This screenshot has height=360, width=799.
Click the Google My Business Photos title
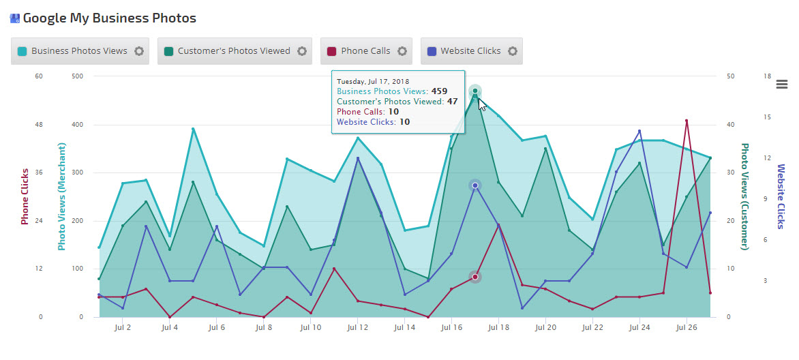click(109, 18)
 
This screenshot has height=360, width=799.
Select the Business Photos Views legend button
click(79, 51)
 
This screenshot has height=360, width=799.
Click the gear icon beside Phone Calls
click(402, 51)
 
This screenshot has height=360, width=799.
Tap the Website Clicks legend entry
click(470, 51)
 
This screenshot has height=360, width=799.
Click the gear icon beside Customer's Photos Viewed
click(302, 51)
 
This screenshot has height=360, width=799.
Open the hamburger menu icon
click(782, 85)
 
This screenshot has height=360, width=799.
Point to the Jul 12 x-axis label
click(357, 328)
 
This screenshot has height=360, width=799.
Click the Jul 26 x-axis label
click(687, 328)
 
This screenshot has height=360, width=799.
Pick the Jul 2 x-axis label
click(123, 328)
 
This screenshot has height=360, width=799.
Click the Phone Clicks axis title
click(25, 196)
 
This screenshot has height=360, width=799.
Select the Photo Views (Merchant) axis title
click(62, 196)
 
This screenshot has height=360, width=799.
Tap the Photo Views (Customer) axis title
click(745, 196)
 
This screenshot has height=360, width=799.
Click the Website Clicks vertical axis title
click(781, 196)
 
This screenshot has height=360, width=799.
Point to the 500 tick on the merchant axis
click(77, 76)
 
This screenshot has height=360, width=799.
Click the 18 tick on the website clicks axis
click(767, 76)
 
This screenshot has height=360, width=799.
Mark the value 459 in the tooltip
click(439, 91)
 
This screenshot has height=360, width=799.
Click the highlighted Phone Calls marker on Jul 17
click(475, 277)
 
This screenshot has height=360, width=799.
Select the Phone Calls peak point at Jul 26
click(687, 121)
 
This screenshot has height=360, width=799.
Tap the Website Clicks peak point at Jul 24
click(639, 131)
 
